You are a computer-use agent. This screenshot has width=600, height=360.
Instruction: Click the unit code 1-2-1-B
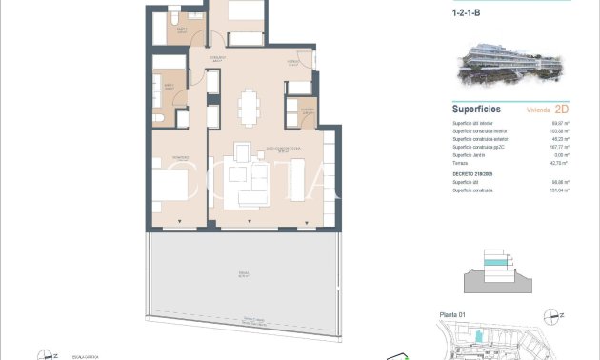pyautogui.click(x=468, y=14)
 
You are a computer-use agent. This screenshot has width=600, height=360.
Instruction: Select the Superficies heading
pyautogui.click(x=476, y=110)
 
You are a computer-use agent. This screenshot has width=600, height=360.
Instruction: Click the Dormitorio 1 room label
pyautogui.click(x=169, y=157)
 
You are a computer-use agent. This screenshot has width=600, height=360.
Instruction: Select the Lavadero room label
pyautogui.click(x=307, y=110)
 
